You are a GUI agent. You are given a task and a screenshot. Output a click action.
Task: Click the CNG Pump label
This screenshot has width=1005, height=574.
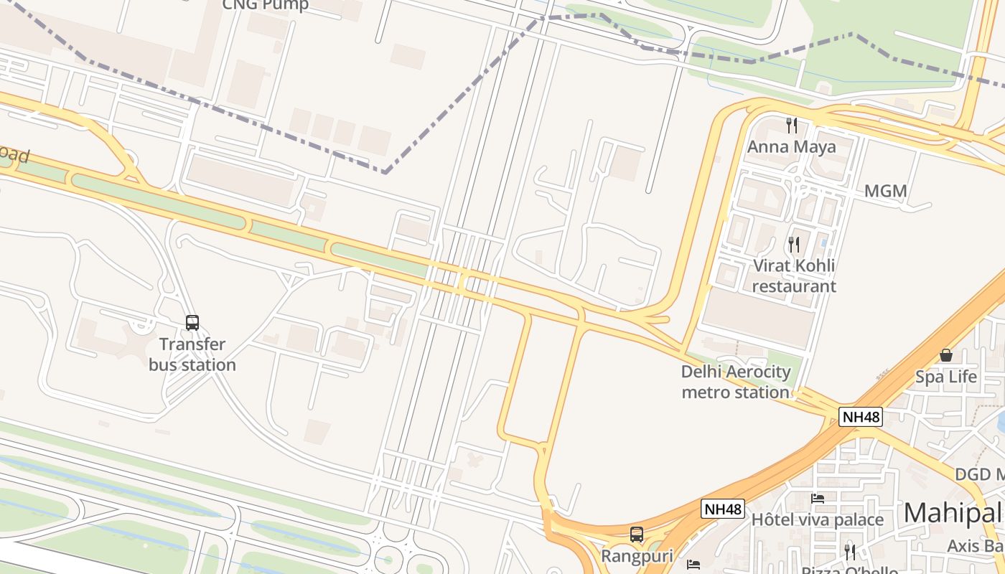pyautogui.click(x=265, y=5)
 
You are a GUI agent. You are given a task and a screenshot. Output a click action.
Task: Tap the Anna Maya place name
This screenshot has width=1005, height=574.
pyautogui.click(x=792, y=147)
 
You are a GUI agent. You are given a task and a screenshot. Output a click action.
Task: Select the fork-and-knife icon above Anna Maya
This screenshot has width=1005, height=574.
pyautogui.click(x=792, y=126)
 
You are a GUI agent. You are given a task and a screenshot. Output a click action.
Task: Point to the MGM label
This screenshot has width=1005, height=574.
pyautogui.click(x=885, y=192)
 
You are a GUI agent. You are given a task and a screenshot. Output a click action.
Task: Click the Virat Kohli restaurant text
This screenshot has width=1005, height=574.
pyautogui.click(x=794, y=276)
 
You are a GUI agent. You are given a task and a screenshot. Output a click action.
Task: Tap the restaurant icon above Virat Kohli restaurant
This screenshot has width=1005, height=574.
pyautogui.click(x=794, y=245)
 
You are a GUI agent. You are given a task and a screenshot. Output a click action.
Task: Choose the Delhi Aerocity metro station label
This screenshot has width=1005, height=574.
pyautogui.click(x=736, y=382)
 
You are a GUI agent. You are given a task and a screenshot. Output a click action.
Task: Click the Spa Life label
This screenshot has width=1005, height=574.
pyautogui.click(x=945, y=377)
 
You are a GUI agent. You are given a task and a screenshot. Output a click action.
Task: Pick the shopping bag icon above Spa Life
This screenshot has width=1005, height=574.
pyautogui.click(x=946, y=355)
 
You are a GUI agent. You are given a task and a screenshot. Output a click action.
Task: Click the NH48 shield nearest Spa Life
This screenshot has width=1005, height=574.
pyautogui.click(x=860, y=417)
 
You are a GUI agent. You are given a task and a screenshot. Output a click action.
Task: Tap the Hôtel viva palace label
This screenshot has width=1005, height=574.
pyautogui.click(x=817, y=519)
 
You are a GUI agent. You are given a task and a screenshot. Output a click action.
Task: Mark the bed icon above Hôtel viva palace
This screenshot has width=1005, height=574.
pyautogui.click(x=818, y=498)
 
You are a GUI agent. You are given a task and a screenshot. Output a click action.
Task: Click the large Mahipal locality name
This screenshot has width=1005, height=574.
pyautogui.click(x=953, y=513)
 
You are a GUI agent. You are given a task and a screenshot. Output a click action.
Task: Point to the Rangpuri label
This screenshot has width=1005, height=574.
pyautogui.click(x=636, y=556)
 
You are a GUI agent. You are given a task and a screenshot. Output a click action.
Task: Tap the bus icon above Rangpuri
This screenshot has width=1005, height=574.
pyautogui.click(x=637, y=535)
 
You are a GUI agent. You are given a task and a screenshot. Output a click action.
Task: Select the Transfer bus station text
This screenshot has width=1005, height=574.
pyautogui.click(x=192, y=354)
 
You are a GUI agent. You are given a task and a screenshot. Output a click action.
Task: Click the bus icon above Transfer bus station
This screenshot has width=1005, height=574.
pyautogui.click(x=192, y=323)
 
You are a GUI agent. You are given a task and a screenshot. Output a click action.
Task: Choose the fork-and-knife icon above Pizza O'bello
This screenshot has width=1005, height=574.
pyautogui.click(x=850, y=552)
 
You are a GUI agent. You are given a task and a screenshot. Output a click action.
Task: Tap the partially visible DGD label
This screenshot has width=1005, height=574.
pyautogui.click(x=979, y=474)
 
